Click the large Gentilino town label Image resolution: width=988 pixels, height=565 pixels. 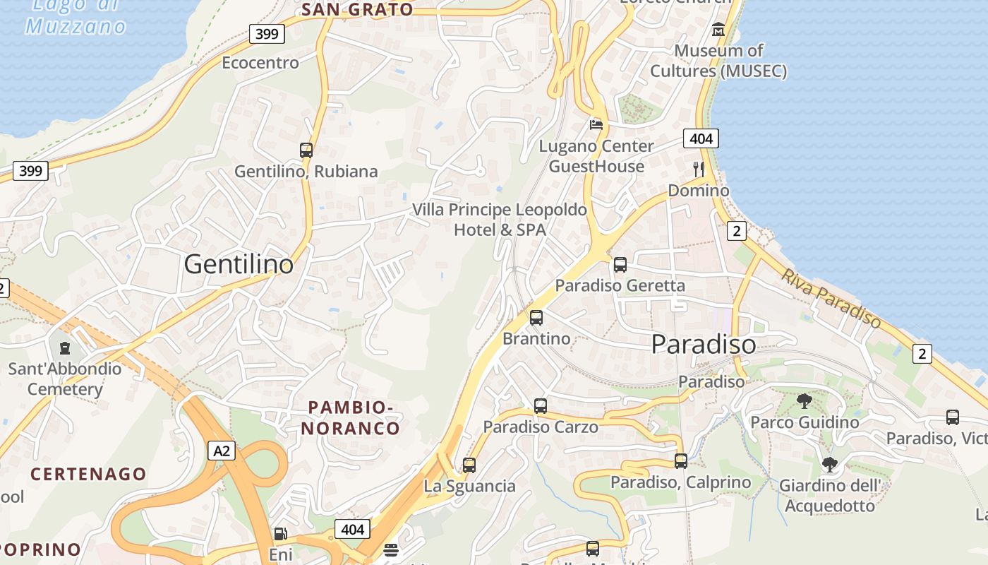[239, 264]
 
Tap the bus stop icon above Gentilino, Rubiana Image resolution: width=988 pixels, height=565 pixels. [306, 150]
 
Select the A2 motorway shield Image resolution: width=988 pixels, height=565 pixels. [220, 451]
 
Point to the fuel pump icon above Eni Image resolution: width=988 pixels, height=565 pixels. [280, 534]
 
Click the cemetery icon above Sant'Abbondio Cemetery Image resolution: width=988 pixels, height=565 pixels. [65, 347]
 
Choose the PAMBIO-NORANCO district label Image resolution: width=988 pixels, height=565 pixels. [351, 417]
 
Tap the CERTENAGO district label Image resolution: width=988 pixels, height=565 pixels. [88, 474]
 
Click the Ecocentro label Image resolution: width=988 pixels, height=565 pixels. [260, 63]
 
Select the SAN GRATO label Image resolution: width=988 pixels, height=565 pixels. [357, 10]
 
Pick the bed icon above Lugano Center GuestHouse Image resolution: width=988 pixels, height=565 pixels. [596, 125]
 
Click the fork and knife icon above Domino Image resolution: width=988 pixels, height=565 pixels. [699, 169]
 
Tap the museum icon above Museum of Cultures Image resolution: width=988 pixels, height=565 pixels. [718, 30]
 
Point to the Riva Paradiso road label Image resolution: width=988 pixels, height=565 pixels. [831, 297]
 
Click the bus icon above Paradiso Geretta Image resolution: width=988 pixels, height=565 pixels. [620, 265]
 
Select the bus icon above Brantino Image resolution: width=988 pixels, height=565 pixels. [536, 318]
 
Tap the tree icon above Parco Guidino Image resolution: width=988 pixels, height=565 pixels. [804, 402]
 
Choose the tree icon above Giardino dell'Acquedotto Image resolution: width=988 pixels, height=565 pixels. [830, 465]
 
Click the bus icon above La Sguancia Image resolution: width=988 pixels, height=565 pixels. [469, 465]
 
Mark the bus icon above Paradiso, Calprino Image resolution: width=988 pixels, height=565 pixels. [681, 461]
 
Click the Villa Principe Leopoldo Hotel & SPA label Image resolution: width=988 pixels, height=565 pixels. [500, 220]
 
